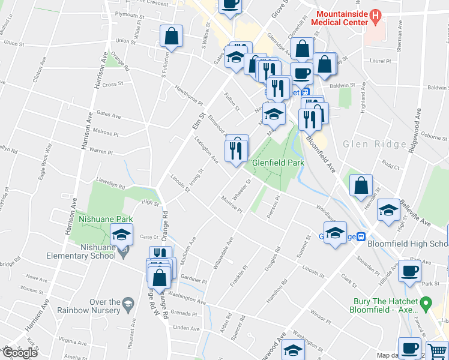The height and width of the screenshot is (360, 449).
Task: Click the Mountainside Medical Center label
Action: click(x=342, y=18)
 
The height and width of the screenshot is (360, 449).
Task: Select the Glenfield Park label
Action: click(x=278, y=163)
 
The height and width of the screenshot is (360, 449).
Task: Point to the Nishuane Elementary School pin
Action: click(x=124, y=253)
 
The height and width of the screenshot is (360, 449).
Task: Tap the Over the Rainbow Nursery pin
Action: click(x=127, y=307)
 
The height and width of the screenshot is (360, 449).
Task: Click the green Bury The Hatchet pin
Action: click(x=426, y=305)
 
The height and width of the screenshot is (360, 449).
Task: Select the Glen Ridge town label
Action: click(x=367, y=145)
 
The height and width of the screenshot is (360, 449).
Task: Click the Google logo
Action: click(x=19, y=353)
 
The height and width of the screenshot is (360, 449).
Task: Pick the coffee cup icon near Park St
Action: click(x=409, y=272)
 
